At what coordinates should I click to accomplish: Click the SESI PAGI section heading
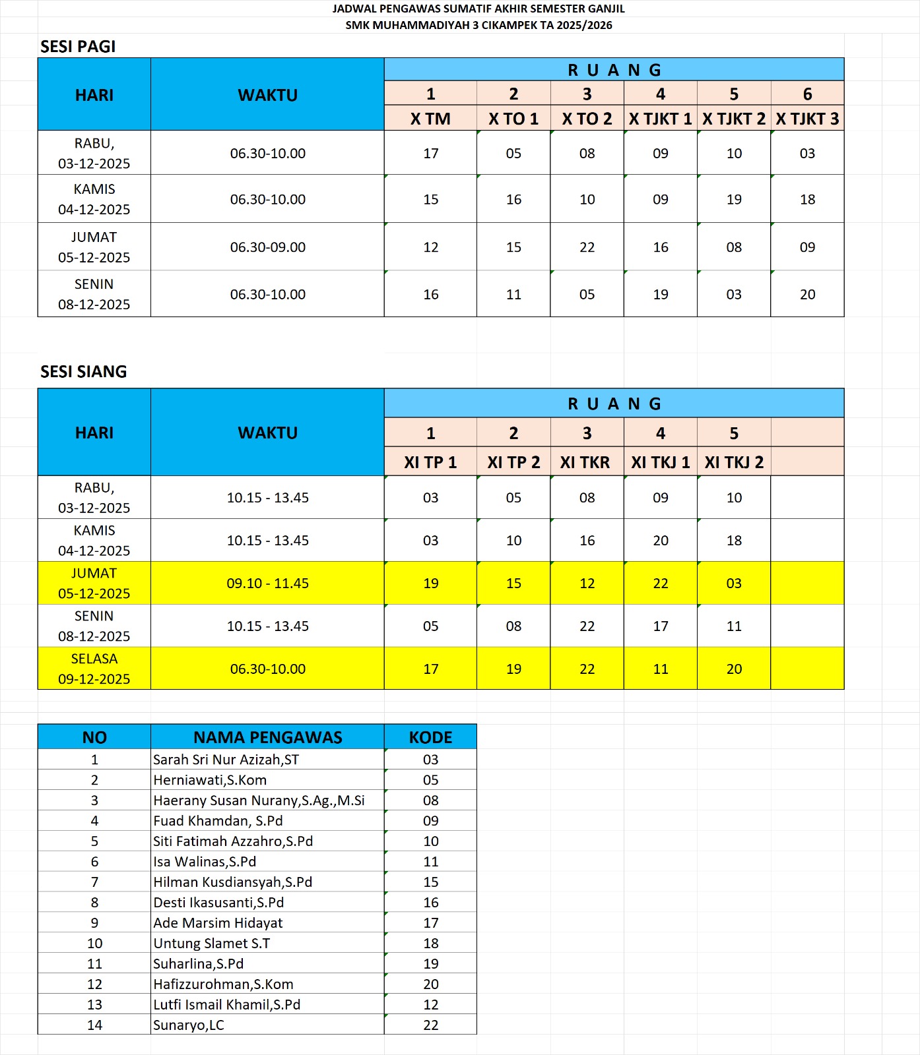pos(78,47)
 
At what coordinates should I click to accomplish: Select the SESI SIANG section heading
pos(83,372)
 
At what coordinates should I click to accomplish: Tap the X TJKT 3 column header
pos(807,119)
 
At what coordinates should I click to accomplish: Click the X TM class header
pos(430,119)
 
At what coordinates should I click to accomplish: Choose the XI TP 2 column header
pos(513,462)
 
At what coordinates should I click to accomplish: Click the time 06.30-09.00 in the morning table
pos(267,247)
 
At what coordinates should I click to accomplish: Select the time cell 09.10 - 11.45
pos(267,584)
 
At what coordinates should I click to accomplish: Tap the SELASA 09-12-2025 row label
pos(94,669)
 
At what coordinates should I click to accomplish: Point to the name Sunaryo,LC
pos(189,1025)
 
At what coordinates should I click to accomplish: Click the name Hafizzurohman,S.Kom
pos(223,984)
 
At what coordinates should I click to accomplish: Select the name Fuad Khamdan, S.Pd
pos(218,821)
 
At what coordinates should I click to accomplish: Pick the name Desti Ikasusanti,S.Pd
pos(218,903)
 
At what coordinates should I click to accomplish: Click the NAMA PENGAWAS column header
pos(267,737)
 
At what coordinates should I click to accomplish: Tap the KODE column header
pos(430,737)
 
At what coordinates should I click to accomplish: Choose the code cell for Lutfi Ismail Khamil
pos(430,1004)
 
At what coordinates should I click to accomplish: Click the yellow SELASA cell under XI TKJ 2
pos(734,669)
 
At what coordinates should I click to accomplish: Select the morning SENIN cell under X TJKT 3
pos(807,295)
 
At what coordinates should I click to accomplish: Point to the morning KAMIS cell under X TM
pos(430,199)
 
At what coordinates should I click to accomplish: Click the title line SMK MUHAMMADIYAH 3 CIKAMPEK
pos(478,25)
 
